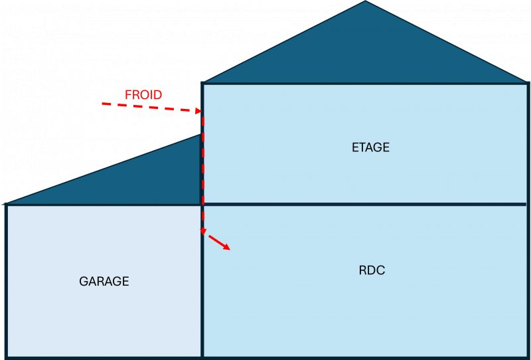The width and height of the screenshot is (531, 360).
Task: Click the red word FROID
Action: point(143,95)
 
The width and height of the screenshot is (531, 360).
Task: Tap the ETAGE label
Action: point(370,147)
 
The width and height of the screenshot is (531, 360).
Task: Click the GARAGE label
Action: point(104,281)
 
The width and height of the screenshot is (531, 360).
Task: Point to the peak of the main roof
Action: point(365,2)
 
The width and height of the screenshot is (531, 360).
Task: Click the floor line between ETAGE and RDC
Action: point(365,204)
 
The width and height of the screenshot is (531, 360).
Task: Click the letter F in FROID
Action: point(128,95)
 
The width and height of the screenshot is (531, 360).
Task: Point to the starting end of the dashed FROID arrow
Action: point(103,104)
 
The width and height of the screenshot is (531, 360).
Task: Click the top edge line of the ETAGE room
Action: point(365,83)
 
